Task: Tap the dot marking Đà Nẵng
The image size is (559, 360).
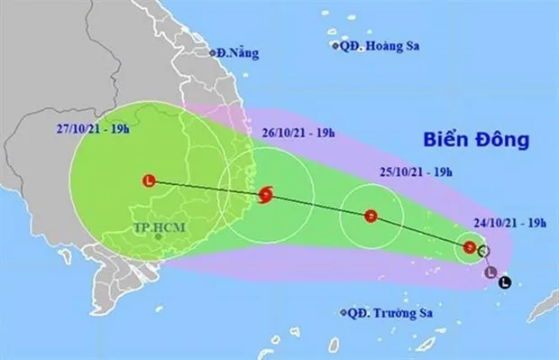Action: point(216,53)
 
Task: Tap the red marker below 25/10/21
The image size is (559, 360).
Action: point(371,216)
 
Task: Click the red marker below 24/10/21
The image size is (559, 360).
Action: point(469,247)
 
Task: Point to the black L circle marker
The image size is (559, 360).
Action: point(503,282)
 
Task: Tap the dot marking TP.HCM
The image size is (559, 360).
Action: point(159,236)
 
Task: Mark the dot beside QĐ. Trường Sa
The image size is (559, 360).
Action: point(344,313)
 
